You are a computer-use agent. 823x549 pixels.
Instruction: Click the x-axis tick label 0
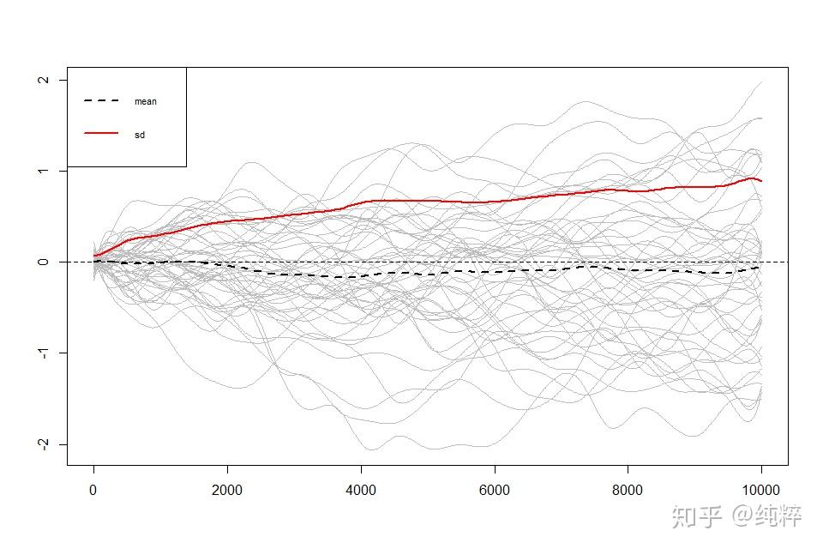93,491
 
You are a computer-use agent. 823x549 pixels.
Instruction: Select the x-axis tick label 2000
227,491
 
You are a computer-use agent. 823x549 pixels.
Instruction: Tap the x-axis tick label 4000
361,491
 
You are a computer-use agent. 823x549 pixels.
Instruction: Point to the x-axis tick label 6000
495,491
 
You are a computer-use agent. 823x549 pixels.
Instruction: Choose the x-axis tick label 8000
628,491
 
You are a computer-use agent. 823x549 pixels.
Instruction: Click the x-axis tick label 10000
761,491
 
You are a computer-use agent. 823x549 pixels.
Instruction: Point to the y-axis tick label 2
40,80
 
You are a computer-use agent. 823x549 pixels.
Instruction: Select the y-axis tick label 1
40,171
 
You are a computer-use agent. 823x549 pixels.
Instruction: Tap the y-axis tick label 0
40,262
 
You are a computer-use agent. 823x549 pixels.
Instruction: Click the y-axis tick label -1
40,353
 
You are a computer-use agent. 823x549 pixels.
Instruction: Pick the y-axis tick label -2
40,444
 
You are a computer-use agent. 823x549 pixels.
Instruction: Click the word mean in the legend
146,101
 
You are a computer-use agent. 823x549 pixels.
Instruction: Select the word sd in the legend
140,135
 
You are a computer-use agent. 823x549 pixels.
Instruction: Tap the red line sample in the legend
101,134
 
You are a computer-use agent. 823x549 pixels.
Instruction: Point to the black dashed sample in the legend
101,101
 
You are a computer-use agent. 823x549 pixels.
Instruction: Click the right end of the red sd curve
761,181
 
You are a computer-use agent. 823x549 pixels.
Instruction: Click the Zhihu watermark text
737,516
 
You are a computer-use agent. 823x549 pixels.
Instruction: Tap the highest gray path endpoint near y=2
762,82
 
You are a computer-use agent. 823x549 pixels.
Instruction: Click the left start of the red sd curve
94,256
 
